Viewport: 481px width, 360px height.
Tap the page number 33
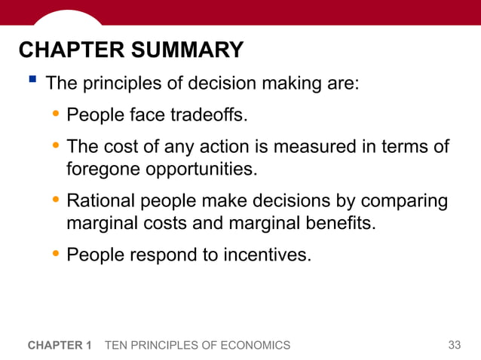[x=454, y=345]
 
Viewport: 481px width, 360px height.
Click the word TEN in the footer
[x=117, y=345]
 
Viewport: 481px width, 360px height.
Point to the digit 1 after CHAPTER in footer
[x=88, y=345]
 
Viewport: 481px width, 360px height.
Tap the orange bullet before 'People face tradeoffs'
[x=56, y=115]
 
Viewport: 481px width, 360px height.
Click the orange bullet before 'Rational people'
[x=56, y=201]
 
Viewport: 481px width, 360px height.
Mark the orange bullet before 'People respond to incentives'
[x=56, y=255]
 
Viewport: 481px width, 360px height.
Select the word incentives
[x=266, y=255]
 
